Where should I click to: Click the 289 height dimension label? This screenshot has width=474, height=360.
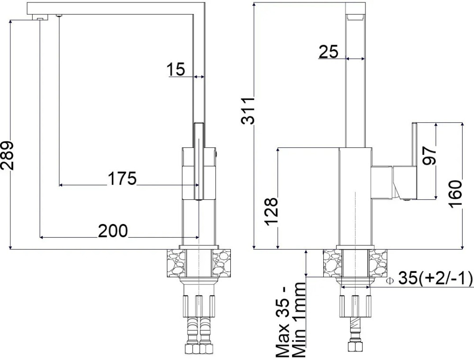pyautogui.click(x=8, y=155)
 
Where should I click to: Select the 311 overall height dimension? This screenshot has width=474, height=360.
pyautogui.click(x=248, y=110)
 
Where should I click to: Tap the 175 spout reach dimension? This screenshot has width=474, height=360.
pyautogui.click(x=122, y=179)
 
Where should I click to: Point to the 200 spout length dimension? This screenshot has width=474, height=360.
pyautogui.click(x=113, y=231)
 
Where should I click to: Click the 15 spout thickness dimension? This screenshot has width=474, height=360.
pyautogui.click(x=176, y=70)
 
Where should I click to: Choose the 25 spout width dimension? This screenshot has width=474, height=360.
pyautogui.click(x=328, y=52)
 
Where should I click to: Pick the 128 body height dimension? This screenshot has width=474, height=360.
pyautogui.click(x=271, y=212)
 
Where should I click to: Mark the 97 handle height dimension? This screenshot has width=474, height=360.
pyautogui.click(x=430, y=155)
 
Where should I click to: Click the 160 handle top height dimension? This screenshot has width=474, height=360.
pyautogui.click(x=455, y=194)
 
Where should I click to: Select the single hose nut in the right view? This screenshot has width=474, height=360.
pyautogui.click(x=355, y=346)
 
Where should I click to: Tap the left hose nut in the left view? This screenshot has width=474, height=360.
pyautogui.click(x=191, y=349)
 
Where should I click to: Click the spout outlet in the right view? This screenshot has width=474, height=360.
pyautogui.click(x=355, y=17)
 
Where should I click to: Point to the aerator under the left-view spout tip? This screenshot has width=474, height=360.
pyautogui.click(x=40, y=19)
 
